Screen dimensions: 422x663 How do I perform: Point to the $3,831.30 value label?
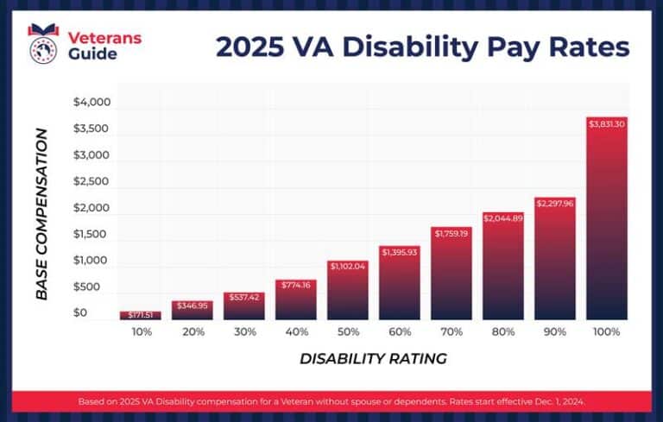(607, 124)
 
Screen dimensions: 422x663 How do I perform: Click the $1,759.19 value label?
(451, 233)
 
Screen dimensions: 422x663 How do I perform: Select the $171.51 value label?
(140, 315)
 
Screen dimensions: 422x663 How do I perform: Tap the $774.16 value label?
(296, 285)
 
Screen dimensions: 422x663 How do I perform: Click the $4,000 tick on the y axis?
(92, 103)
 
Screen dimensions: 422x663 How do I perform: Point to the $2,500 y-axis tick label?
(92, 181)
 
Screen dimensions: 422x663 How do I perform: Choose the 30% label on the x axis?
(244, 331)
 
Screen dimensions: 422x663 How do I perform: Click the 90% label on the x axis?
(555, 331)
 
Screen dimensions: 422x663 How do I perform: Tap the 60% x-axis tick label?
(400, 331)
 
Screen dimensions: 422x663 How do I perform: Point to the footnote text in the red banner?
(331, 401)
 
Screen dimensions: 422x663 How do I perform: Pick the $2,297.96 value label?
(555, 204)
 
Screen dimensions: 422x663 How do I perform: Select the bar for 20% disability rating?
(192, 312)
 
